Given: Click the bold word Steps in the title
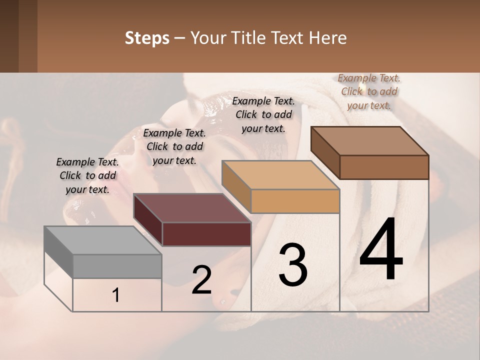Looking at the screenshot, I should pos(147,38).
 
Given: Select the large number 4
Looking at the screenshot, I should pos(381,250).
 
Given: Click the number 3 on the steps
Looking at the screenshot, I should pos(293,265).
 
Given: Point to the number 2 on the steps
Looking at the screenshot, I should pos(201,280).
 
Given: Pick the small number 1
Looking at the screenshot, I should pos(116,295).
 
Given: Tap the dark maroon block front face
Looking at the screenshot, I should pos(206,234).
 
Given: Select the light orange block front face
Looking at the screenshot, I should pos(295,201).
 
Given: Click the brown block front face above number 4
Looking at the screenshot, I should pos(384,167).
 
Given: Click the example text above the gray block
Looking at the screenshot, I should pos(87,175).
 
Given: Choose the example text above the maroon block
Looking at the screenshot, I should pos(174,146).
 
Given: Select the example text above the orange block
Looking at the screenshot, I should pos(263,114).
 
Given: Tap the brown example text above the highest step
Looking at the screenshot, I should pos(369,91).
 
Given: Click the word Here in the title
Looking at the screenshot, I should pos(327,38).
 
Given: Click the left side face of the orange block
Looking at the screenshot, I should pos(236,186).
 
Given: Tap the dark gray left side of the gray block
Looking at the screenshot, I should pos(58,251).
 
